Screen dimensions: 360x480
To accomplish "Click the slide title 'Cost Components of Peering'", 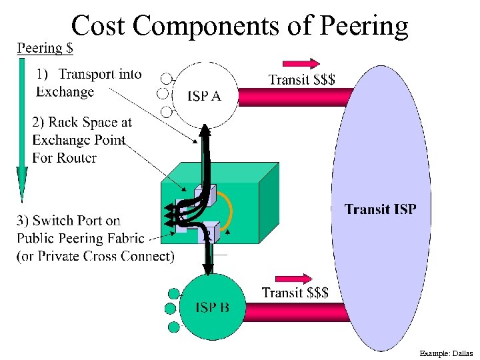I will click(x=239, y=25).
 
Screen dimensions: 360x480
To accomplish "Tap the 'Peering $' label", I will click(x=45, y=48).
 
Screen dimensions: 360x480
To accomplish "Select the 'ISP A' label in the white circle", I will click(x=204, y=96).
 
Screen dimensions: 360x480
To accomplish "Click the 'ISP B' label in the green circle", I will click(x=212, y=307).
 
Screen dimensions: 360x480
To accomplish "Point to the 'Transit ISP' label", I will click(x=380, y=209).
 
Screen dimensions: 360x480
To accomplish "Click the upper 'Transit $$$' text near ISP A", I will click(x=301, y=80).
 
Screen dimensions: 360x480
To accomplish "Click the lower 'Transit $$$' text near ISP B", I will click(x=295, y=293).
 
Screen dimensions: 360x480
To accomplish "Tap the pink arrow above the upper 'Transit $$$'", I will click(x=301, y=64).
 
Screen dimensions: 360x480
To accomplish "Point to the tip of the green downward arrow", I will click(x=22, y=198).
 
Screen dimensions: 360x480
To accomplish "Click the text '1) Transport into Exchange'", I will click(x=89, y=83).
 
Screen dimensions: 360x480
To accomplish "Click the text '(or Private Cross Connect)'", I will click(x=95, y=256).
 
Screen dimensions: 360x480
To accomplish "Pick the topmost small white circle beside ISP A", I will click(x=166, y=78).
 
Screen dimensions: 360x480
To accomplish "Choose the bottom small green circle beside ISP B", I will click(x=174, y=327).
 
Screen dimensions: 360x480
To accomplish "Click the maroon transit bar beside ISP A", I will click(x=293, y=97).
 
